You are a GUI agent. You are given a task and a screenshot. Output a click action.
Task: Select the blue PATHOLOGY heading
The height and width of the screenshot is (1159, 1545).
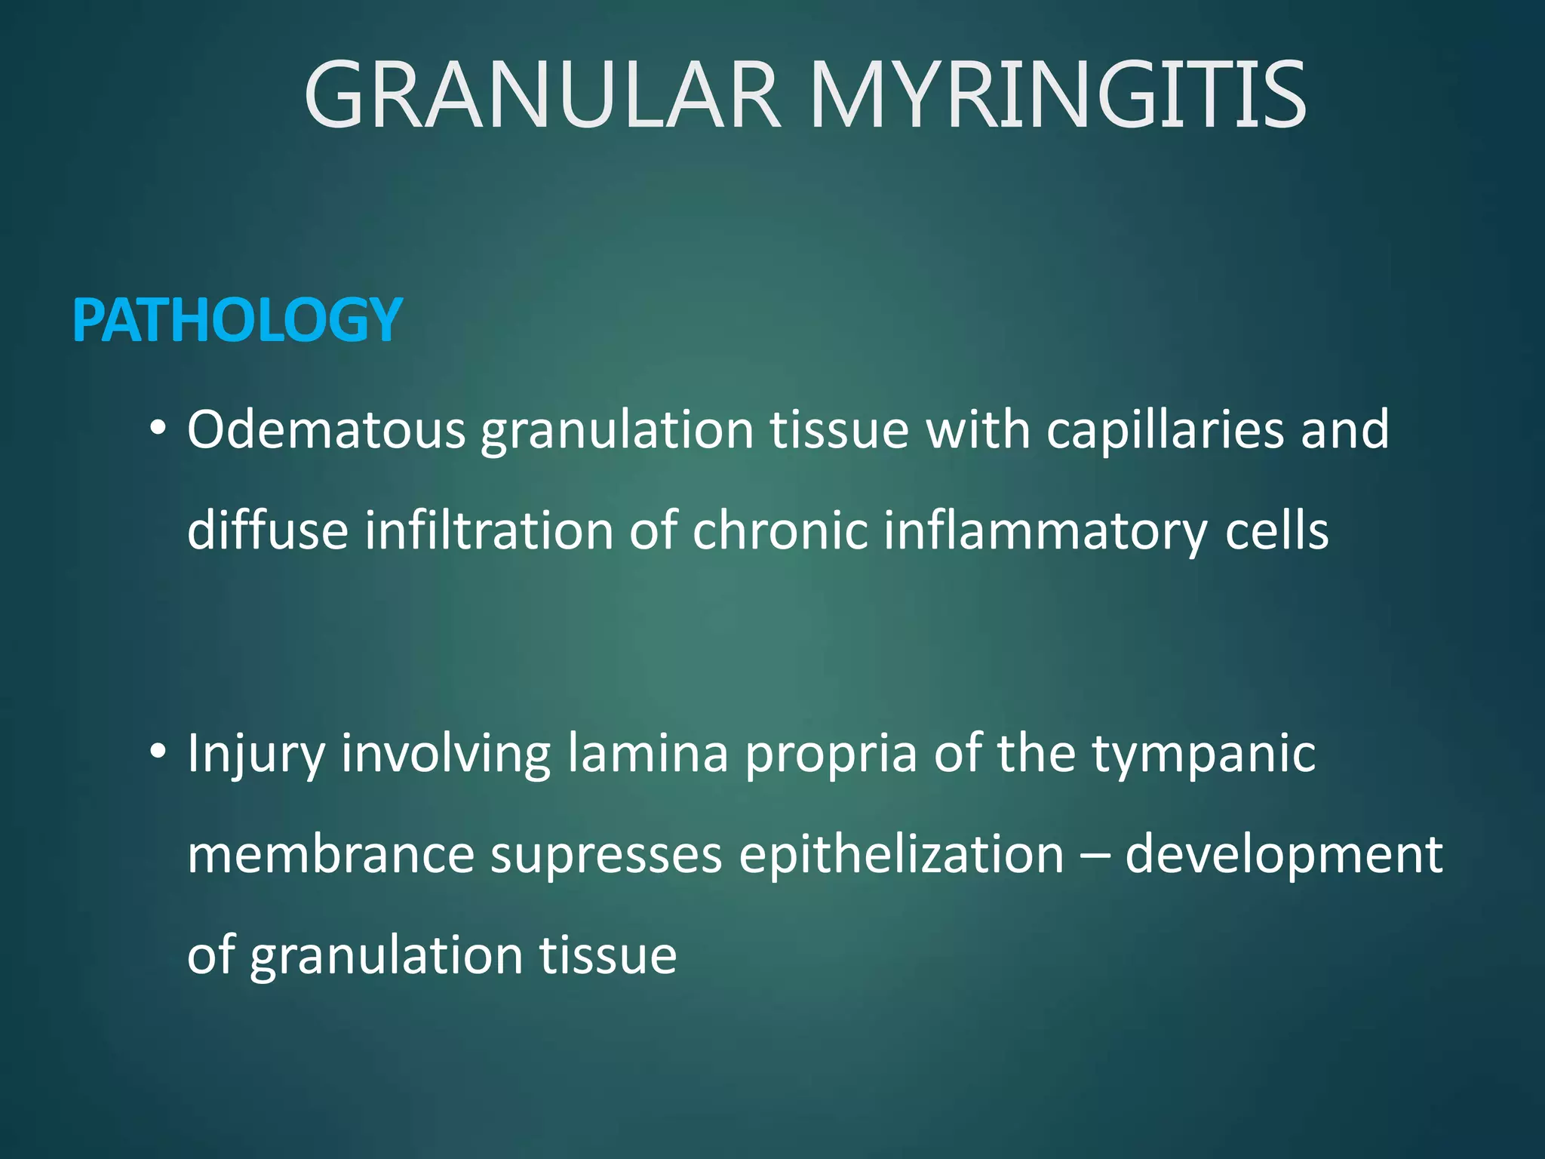[237, 321]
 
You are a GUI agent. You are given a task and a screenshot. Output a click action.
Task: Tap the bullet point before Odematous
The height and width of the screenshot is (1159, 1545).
[157, 429]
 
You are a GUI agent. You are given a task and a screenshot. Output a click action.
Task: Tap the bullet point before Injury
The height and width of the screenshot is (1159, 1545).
[157, 752]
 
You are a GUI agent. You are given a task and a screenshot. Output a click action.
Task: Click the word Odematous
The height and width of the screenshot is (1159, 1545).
[326, 430]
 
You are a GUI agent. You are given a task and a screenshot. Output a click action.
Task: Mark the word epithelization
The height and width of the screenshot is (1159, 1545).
[901, 856]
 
